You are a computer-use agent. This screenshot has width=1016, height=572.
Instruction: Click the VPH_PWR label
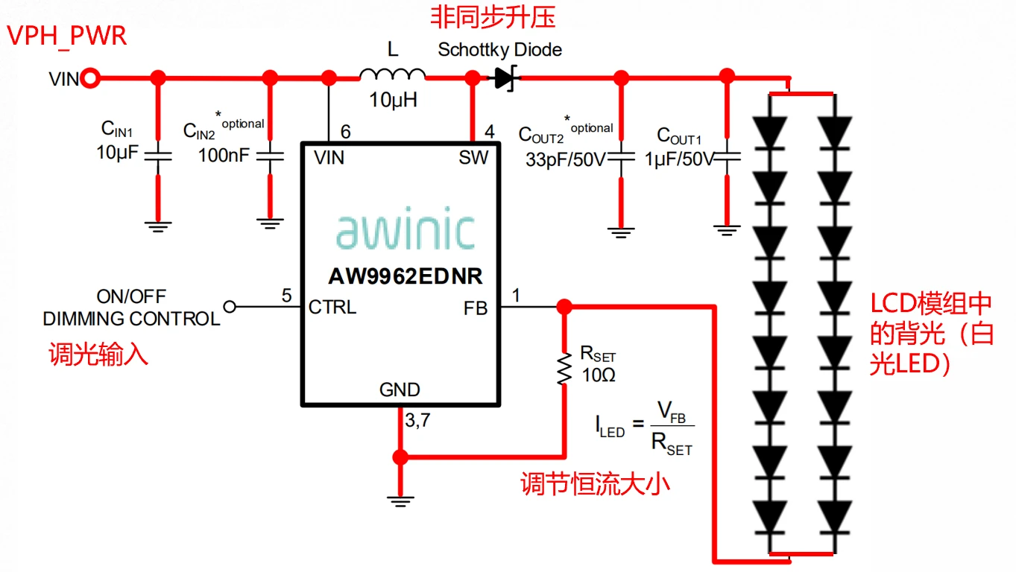pos(67,35)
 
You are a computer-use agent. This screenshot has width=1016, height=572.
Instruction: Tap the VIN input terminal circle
pos(91,77)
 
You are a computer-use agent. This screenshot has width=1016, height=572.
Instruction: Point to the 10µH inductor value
pos(393,100)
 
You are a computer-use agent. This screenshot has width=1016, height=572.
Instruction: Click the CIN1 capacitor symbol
pos(157,156)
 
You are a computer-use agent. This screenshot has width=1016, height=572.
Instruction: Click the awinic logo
pos(405,231)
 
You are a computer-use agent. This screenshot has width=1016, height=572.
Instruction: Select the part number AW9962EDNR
pos(406,276)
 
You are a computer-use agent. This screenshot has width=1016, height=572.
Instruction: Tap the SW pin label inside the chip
pos(473,157)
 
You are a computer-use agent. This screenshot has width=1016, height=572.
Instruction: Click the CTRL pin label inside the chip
pos(332,307)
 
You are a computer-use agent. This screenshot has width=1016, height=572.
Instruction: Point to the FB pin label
pos(475,307)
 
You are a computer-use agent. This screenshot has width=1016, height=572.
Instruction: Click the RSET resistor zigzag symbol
pos(564,369)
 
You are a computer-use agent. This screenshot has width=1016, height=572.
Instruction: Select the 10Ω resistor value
pos(598,375)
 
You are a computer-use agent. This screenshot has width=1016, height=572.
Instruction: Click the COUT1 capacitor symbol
pos(727,157)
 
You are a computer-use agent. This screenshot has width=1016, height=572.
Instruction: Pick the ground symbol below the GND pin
pos(401,501)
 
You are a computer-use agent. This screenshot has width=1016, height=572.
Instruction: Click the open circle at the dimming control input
pos(230,306)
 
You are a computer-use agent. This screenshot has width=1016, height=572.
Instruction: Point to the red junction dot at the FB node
pos(564,306)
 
